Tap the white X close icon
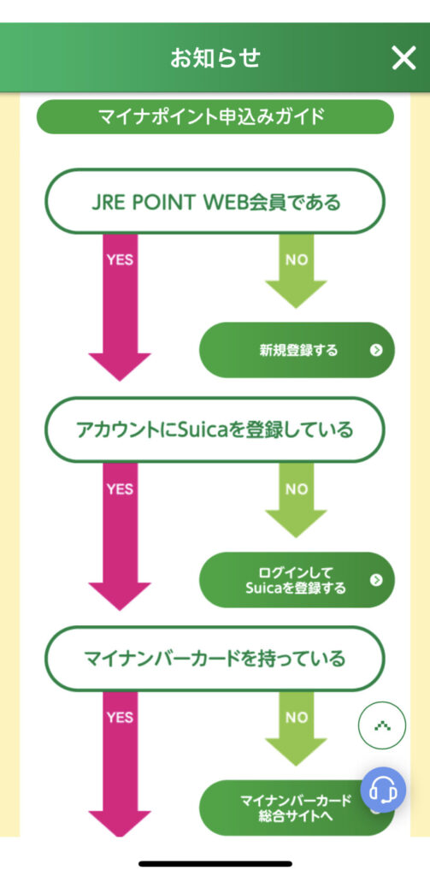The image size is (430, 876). (403, 57)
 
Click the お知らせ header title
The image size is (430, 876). (215, 57)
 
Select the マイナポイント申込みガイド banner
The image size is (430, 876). (215, 116)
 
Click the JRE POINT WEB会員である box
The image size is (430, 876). (215, 201)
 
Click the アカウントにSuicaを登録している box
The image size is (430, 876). (215, 429)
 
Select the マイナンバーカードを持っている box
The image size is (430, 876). (215, 659)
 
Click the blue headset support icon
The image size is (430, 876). (383, 790)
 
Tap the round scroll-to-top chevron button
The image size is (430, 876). (382, 725)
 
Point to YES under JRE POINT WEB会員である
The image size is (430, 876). (120, 260)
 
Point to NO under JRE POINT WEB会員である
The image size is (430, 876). (297, 260)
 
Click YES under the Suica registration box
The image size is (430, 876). (120, 488)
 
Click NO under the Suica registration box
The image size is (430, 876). (297, 488)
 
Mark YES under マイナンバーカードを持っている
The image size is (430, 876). (120, 718)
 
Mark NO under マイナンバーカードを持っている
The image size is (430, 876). (297, 718)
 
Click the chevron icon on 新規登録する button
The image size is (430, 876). (376, 350)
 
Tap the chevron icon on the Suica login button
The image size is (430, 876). (376, 579)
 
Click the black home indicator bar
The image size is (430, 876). (215, 864)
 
